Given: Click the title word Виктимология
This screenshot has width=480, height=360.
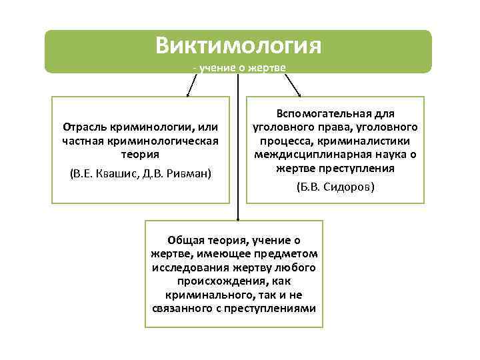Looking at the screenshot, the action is pos(239,45).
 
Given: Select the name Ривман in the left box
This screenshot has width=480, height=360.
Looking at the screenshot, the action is pos(188,173).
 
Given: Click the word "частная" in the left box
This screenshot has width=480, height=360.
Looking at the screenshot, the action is pos(83,141).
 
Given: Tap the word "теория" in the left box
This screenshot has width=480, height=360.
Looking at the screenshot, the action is pos(139,154).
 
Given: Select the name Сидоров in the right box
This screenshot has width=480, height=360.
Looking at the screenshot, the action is pos(347,187).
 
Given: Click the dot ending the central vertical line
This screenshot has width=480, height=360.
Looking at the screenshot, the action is pos(238,218).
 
